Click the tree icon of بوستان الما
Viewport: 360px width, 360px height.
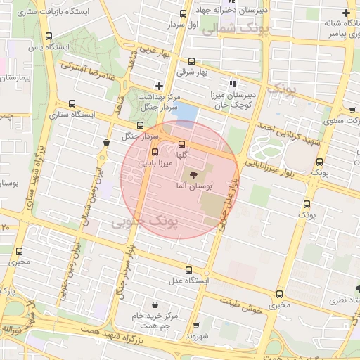click(x=191, y=172)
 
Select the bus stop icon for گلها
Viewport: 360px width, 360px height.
click(x=182, y=144)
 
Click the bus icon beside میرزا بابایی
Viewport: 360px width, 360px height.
click(x=155, y=153)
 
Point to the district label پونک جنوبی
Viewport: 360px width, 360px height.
click(x=146, y=222)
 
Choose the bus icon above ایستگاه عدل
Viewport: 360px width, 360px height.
click(x=189, y=269)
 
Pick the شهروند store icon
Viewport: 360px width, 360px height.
click(x=194, y=325)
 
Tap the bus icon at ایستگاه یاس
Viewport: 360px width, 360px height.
click(x=49, y=37)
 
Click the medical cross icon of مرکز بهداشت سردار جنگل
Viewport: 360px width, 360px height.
click(x=160, y=86)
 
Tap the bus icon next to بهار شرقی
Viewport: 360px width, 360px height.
click(x=193, y=61)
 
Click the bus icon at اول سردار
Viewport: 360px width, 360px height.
click(x=184, y=13)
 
